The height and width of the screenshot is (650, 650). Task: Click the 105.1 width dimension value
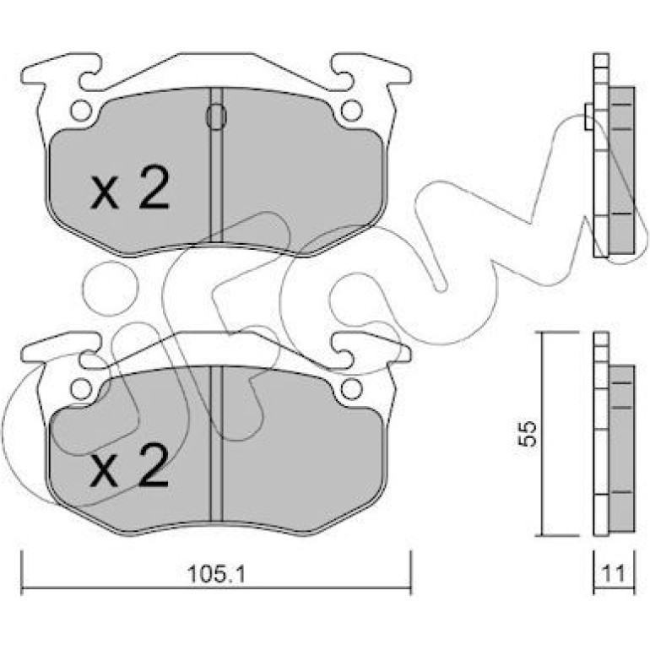point(216,574)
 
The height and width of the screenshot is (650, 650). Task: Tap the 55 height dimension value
point(528,434)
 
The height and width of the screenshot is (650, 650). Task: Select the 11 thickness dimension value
point(613,574)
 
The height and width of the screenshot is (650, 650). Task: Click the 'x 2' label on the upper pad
point(130,187)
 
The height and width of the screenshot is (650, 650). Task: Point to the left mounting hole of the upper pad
point(81,111)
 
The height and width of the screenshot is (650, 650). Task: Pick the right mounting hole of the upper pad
point(351,111)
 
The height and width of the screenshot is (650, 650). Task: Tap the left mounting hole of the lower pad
point(81,390)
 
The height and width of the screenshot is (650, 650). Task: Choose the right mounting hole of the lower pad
point(351,390)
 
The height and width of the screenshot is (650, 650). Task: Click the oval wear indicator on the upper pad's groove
point(216,116)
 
